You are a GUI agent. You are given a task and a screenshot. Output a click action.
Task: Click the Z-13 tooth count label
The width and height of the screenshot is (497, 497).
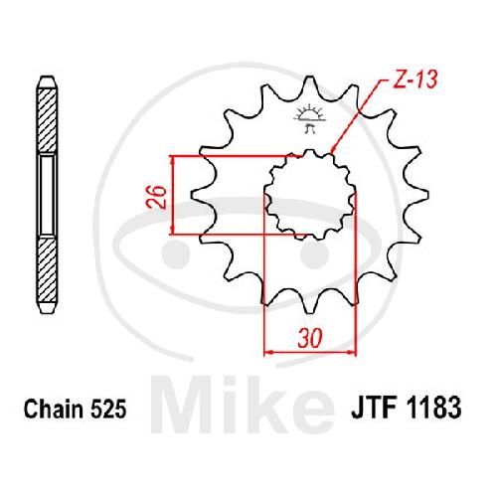(415, 80)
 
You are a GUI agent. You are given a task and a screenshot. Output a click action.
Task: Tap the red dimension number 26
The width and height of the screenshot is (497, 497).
(156, 197)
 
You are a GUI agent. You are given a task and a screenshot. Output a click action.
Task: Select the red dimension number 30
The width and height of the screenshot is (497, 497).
(310, 338)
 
